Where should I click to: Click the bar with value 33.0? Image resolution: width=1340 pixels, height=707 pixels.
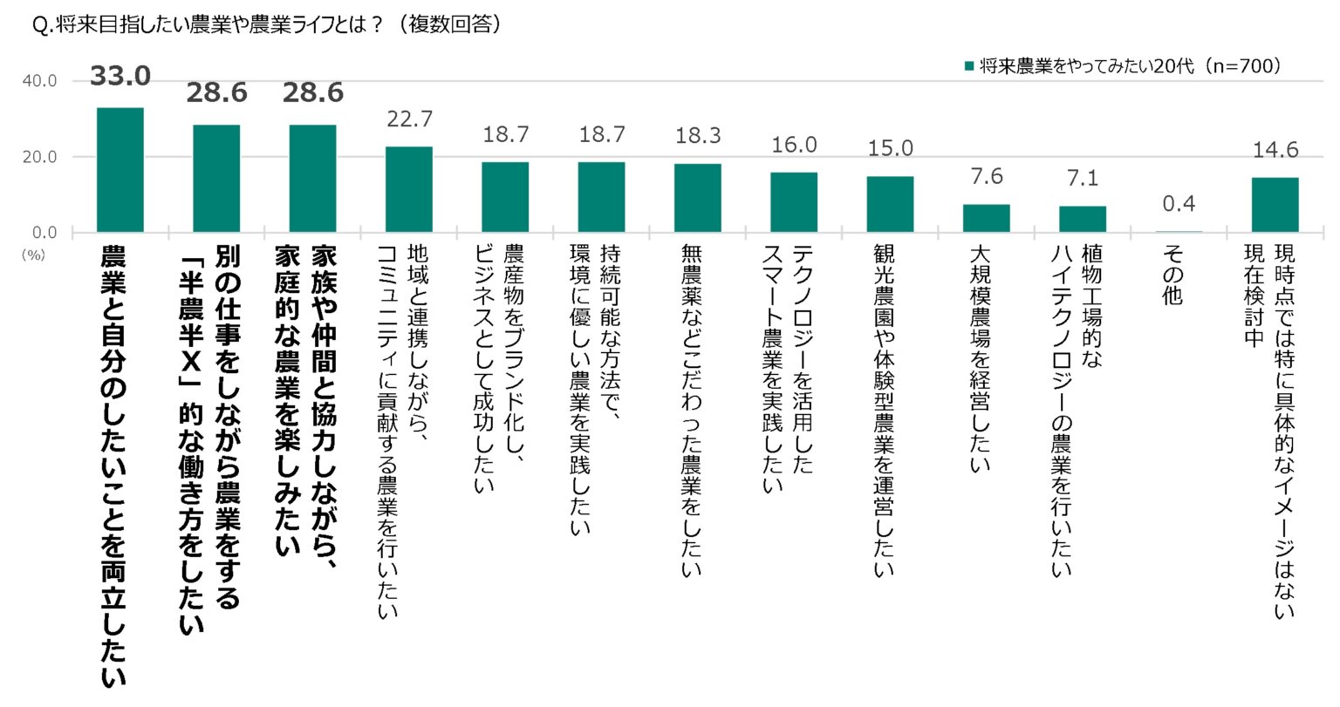click(120, 170)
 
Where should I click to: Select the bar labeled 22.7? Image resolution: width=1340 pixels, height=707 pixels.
click(409, 189)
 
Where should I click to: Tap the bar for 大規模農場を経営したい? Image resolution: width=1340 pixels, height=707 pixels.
click(986, 218)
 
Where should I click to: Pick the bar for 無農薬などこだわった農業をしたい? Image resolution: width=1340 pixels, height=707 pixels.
click(697, 198)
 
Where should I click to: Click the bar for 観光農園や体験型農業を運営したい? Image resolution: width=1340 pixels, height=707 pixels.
click(890, 204)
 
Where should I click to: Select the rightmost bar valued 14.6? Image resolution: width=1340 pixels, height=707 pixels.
click(1275, 205)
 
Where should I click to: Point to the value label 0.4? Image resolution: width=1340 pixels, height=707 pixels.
click(1179, 204)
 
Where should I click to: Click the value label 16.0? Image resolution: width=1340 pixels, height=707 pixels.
click(794, 145)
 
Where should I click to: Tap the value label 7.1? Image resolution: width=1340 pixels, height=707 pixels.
click(1083, 179)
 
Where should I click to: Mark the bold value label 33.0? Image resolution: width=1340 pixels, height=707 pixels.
click(120, 77)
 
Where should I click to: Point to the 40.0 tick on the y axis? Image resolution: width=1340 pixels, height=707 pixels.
click(39, 81)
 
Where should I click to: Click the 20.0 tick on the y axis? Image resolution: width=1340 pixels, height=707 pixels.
click(39, 157)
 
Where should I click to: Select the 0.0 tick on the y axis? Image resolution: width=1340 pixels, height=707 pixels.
click(43, 233)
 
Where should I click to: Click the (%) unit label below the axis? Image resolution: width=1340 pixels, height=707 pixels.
click(33, 255)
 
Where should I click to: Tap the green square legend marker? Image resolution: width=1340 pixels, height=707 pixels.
click(968, 66)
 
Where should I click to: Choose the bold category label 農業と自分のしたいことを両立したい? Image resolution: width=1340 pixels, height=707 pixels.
click(114, 466)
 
